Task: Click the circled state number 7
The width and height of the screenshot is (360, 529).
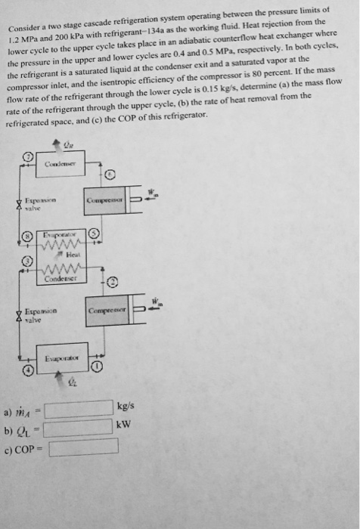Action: (28, 156)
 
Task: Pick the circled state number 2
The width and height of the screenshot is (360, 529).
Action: (111, 282)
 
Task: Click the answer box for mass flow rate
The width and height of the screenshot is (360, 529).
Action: (79, 409)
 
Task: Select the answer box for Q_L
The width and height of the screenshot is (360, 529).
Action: (79, 428)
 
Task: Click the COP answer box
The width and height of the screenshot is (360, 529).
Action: (84, 447)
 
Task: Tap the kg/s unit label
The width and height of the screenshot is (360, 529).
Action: (126, 407)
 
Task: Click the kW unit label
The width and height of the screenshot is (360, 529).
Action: (126, 424)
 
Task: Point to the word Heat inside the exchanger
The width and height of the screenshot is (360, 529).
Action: (76, 255)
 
